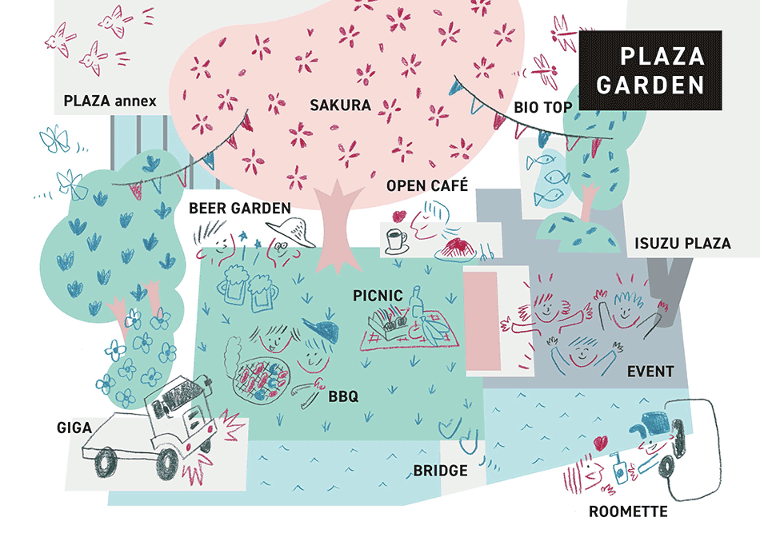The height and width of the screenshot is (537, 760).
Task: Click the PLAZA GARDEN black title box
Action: (x=650, y=70)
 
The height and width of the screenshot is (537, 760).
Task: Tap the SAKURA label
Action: (x=341, y=105)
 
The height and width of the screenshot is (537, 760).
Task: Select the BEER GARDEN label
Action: (x=239, y=209)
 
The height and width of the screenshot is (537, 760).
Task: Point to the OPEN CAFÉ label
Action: (x=426, y=186)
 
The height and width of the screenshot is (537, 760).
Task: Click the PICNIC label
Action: (x=378, y=296)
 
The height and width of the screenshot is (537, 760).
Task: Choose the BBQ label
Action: (x=343, y=396)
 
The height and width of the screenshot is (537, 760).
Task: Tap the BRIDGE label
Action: (x=440, y=471)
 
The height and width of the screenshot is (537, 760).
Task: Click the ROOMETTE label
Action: (x=627, y=511)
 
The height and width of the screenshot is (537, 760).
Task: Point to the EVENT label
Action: (x=650, y=372)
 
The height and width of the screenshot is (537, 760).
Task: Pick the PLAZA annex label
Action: (x=110, y=101)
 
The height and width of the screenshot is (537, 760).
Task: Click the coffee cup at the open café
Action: (x=396, y=240)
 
